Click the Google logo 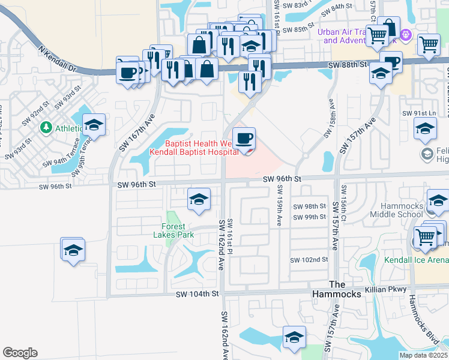[20, 353]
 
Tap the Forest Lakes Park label [177, 230]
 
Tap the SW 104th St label [199, 294]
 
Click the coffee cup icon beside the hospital [244, 139]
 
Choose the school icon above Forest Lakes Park [199, 200]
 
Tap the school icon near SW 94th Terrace [94, 125]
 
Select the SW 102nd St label [309, 260]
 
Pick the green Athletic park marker [46, 127]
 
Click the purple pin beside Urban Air [406, 35]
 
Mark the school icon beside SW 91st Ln [425, 128]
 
